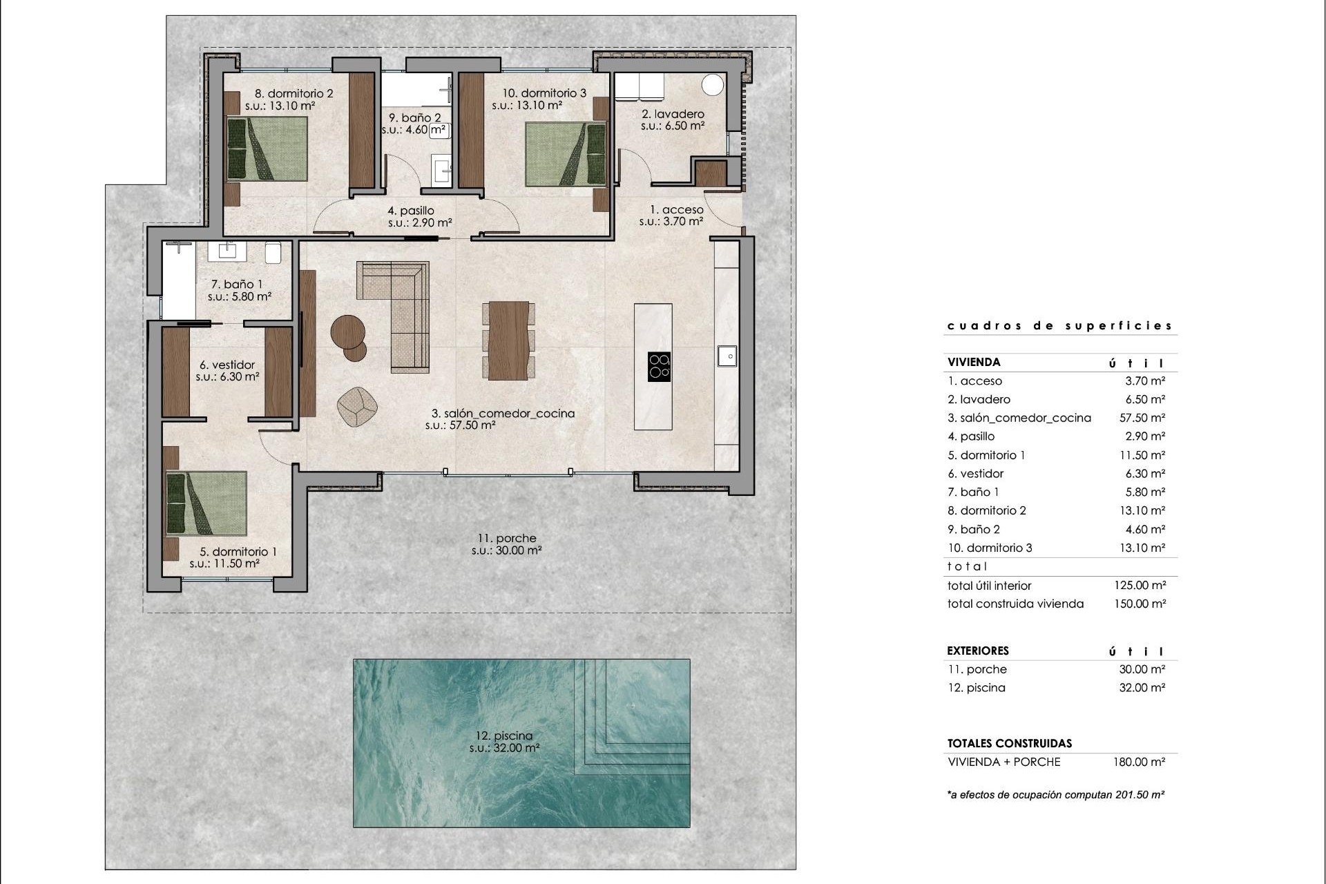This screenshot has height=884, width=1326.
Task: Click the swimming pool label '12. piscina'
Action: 504,736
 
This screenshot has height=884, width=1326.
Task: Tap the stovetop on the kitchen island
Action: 660,367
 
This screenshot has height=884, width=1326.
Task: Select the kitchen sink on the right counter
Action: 727,356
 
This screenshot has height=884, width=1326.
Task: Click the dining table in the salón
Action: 508,340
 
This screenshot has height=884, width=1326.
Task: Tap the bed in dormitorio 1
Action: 206,503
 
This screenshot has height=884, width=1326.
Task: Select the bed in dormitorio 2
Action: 267,148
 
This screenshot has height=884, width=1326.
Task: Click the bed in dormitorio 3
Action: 565,154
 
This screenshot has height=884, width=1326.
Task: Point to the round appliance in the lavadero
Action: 712,85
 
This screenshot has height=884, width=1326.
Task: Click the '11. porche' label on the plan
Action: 506,539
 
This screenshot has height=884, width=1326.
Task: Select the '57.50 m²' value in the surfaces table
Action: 1142,418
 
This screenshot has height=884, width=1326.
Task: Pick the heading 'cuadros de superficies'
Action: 1059,326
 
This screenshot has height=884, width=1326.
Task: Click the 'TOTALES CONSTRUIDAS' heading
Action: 1009,744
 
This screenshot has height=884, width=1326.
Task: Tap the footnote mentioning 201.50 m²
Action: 1055,795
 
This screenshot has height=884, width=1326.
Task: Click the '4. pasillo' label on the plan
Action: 411,211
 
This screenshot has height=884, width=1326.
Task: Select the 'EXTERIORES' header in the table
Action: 978,651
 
